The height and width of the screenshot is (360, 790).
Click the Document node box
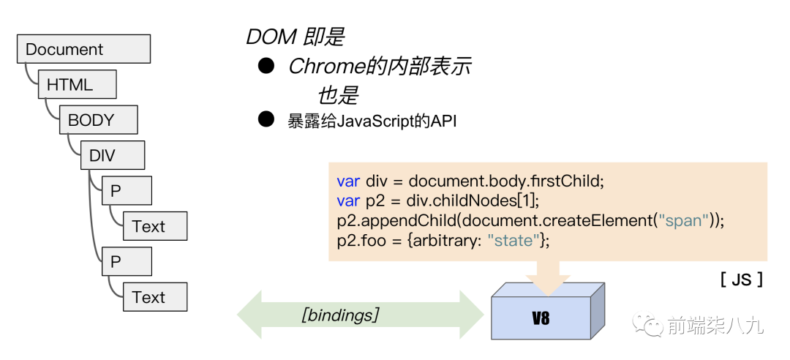tap(83, 50)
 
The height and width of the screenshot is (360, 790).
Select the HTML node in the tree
tap(77, 85)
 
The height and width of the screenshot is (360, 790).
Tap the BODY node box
tap(98, 120)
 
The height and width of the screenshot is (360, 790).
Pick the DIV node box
tap(112, 155)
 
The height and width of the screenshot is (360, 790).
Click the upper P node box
tap(127, 191)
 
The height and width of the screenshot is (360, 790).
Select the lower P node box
tap(127, 261)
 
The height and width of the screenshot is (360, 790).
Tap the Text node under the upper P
tap(154, 226)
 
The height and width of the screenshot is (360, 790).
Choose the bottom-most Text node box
tap(154, 297)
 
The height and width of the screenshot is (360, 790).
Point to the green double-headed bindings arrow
tap(360, 316)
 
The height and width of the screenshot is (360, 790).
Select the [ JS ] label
tap(741, 279)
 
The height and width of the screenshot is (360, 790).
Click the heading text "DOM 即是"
tap(295, 37)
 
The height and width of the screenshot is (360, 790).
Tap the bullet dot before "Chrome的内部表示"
tap(266, 66)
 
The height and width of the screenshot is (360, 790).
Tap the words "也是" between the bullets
tap(337, 95)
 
